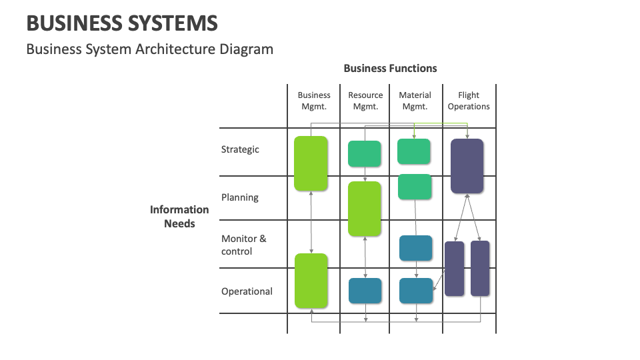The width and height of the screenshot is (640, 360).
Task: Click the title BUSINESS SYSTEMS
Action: [x=122, y=24]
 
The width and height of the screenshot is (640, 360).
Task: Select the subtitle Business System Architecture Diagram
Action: [x=149, y=49]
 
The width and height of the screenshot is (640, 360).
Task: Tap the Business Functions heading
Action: [x=390, y=68]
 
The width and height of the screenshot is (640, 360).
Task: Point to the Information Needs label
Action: [x=179, y=217]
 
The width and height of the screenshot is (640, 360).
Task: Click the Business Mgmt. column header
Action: [x=314, y=101]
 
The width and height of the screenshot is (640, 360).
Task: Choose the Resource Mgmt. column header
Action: [x=365, y=101]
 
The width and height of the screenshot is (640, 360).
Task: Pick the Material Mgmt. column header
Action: [x=415, y=101]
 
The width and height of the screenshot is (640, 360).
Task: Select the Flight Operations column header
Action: [x=469, y=101]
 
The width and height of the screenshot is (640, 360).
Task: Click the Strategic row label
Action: [x=240, y=149]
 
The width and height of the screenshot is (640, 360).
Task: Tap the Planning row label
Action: [x=240, y=197]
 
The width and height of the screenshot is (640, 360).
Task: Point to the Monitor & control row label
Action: [x=243, y=245]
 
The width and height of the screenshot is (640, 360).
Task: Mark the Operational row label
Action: [x=247, y=291]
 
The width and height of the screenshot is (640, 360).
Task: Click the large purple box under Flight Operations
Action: [x=467, y=166]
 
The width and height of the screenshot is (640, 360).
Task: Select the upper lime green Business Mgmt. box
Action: [x=311, y=163]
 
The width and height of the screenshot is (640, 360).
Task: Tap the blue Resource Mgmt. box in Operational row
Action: [x=365, y=291]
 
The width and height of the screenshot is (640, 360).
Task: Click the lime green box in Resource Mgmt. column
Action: [x=365, y=209]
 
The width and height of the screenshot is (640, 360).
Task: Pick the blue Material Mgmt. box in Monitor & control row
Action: [x=415, y=248]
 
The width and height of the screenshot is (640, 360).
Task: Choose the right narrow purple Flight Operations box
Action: [x=480, y=268]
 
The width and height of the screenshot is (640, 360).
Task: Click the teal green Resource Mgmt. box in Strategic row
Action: [x=365, y=154]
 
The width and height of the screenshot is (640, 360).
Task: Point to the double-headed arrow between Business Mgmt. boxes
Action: [x=311, y=222]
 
